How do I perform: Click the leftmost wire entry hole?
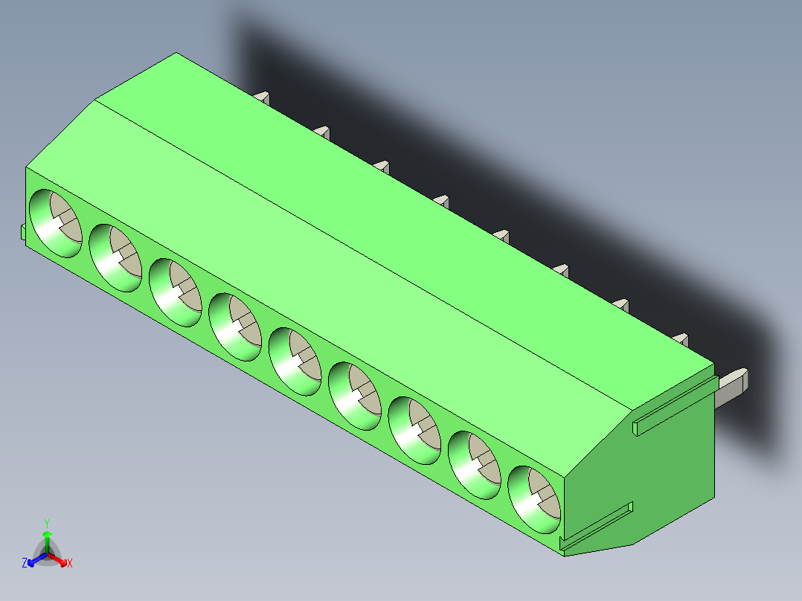[x=55, y=224]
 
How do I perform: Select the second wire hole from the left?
[x=115, y=257]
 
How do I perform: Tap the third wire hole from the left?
[x=175, y=292]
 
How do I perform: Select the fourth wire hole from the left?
[x=235, y=327]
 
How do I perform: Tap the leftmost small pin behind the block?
[x=262, y=97]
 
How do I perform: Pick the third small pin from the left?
[x=382, y=165]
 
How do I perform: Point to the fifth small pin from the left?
[x=501, y=235]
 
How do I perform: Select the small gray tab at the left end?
[x=23, y=232]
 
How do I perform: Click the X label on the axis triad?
[x=70, y=564]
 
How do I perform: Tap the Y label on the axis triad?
[x=47, y=523]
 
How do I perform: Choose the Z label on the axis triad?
[x=25, y=564]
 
